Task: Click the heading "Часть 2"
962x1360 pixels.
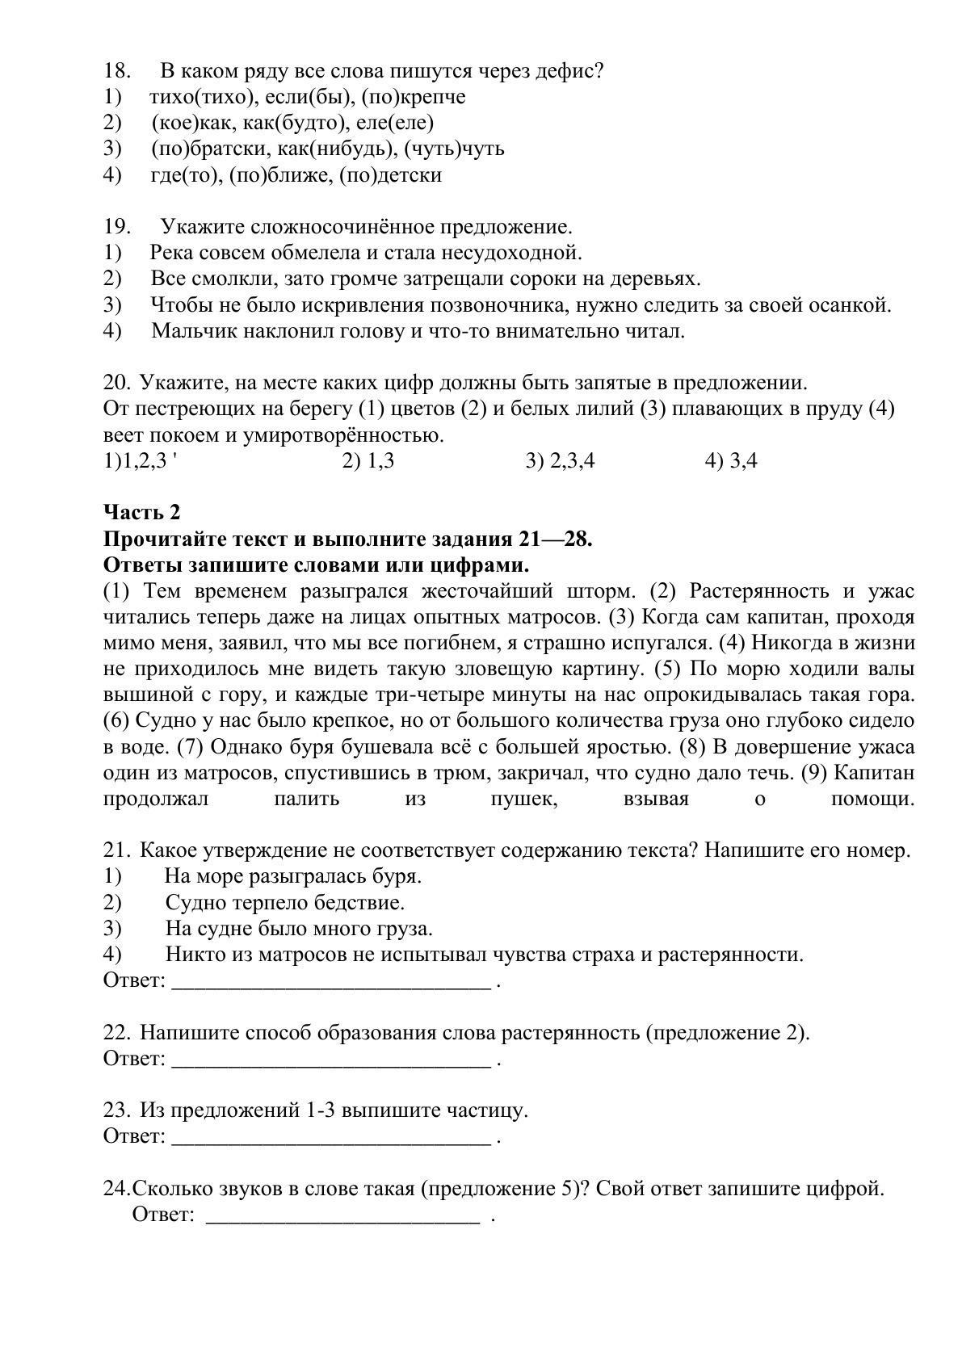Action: (142, 512)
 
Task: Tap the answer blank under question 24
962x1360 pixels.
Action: (343, 1216)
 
